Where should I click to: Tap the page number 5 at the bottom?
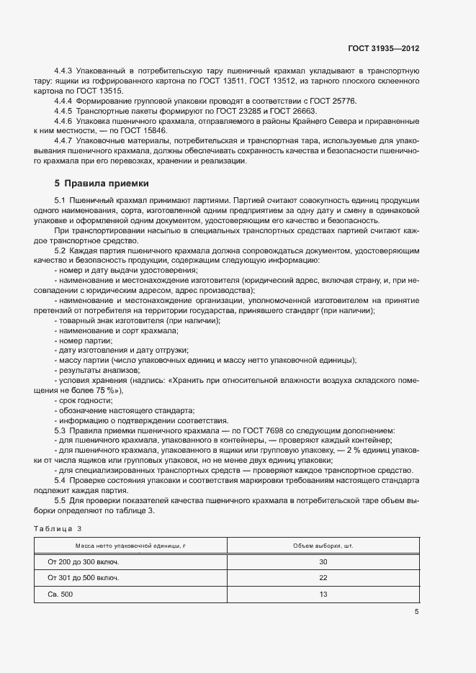416,612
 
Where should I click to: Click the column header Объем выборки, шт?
323,546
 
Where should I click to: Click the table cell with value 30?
323,561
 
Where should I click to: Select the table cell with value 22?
323,577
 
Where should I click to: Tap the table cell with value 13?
323,594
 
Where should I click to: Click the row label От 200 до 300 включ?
83,561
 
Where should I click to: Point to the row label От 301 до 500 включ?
83,577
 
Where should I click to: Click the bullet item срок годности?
81,399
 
